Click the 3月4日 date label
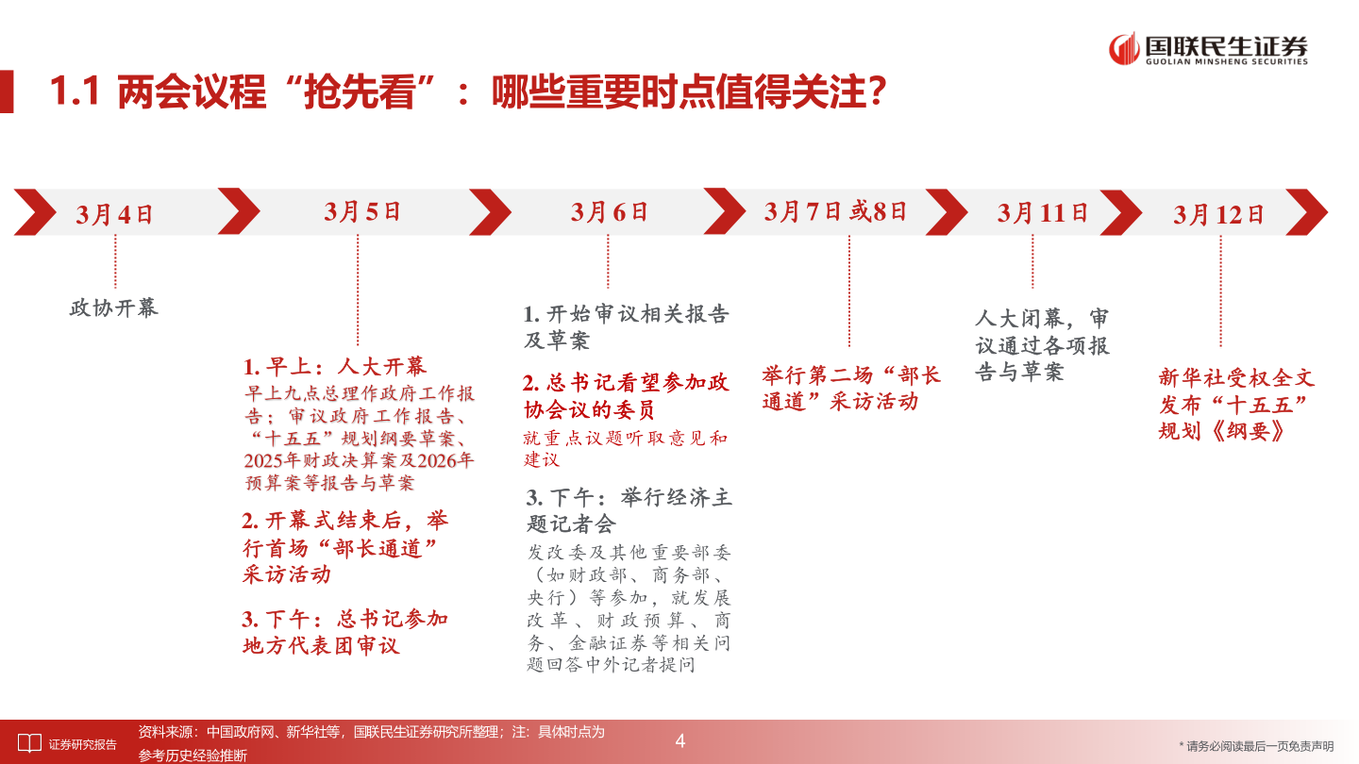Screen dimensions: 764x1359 (115, 213)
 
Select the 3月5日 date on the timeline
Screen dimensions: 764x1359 (362, 211)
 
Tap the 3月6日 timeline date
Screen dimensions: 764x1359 (610, 211)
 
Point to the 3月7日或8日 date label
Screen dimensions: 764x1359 (835, 211)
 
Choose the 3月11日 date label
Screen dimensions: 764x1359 (1043, 213)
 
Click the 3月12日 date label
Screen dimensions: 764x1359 (1218, 214)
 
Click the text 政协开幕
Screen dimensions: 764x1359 (114, 307)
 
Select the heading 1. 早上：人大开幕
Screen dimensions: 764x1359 (335, 367)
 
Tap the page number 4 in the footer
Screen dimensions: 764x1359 (679, 741)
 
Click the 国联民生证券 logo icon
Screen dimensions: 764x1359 (1123, 48)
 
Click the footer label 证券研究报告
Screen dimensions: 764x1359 (83, 744)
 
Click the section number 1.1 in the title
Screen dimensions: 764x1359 (74, 94)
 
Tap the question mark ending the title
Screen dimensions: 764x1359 (876, 94)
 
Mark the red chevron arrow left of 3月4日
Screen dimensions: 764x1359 (34, 212)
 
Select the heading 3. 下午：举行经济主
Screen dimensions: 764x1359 (629, 497)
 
